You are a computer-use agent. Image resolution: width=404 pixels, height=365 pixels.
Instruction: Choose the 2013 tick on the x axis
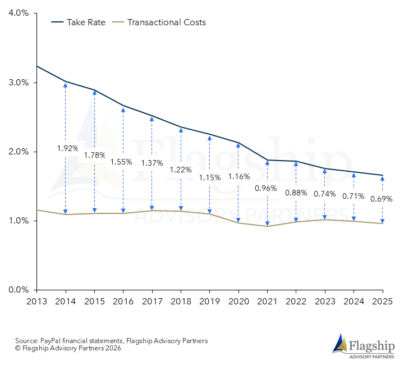point(36,302)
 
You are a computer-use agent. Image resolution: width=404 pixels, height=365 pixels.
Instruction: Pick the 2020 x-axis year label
point(238,302)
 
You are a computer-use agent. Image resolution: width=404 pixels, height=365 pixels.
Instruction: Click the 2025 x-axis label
point(383,302)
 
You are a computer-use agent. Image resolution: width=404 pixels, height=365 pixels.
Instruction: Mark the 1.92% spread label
point(67,149)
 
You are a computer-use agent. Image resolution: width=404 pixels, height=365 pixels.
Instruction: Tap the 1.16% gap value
point(240,176)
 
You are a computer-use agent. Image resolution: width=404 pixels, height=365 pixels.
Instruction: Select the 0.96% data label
point(266,188)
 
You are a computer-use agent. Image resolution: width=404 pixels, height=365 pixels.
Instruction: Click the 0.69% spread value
point(382,199)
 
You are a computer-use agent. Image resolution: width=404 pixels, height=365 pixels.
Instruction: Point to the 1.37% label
point(152,163)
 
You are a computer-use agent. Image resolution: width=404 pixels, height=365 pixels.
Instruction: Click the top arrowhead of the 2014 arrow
point(66,84)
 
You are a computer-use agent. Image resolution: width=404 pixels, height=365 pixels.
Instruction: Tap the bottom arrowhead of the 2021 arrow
point(268,223)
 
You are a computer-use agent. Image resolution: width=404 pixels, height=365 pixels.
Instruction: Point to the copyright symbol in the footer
point(17,348)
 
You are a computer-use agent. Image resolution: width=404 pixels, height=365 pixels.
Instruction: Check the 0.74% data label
point(325,194)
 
